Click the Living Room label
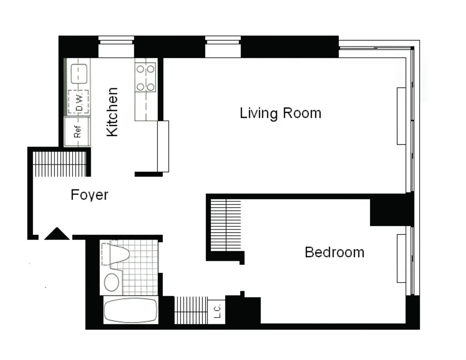click(280, 113)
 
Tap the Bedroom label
click(334, 252)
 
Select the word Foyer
click(90, 195)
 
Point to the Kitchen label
click(112, 112)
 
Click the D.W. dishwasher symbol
click(78, 102)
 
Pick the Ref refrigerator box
click(78, 132)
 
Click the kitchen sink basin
click(78, 74)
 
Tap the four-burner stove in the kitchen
click(146, 77)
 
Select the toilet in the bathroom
click(117, 254)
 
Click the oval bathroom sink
click(112, 282)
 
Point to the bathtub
click(130, 310)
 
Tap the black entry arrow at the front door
click(57, 234)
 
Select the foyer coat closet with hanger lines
click(60, 164)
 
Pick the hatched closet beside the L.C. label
click(191, 310)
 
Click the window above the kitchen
click(116, 47)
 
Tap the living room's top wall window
click(223, 47)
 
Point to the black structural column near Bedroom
click(390, 210)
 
